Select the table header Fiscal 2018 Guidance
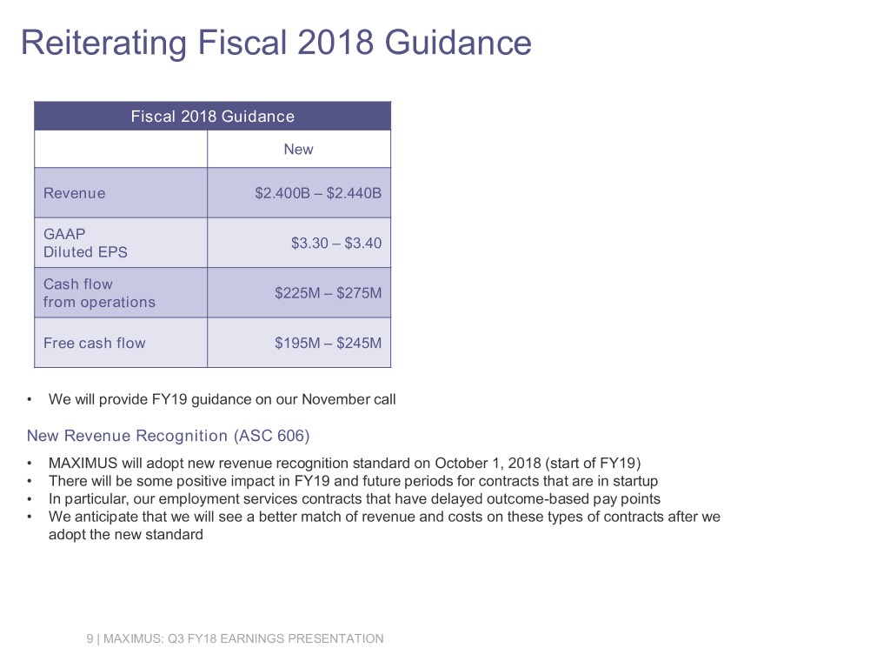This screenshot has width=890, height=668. (x=212, y=117)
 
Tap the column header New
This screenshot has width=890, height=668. (x=298, y=150)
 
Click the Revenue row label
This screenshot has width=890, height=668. (x=75, y=193)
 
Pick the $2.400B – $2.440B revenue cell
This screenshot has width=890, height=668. (x=317, y=193)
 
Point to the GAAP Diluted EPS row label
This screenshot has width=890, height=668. (x=85, y=243)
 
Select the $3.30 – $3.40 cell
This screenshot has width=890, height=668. (x=335, y=243)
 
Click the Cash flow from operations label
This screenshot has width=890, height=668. (x=99, y=293)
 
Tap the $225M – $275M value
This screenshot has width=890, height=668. (x=328, y=293)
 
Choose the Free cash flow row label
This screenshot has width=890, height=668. (x=95, y=343)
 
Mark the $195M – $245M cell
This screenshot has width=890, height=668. (x=328, y=343)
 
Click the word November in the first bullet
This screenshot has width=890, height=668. (x=334, y=399)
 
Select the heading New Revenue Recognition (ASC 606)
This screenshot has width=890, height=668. (x=169, y=435)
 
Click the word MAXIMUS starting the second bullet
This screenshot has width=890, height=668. (x=85, y=463)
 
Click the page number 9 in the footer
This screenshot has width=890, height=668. (x=90, y=639)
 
